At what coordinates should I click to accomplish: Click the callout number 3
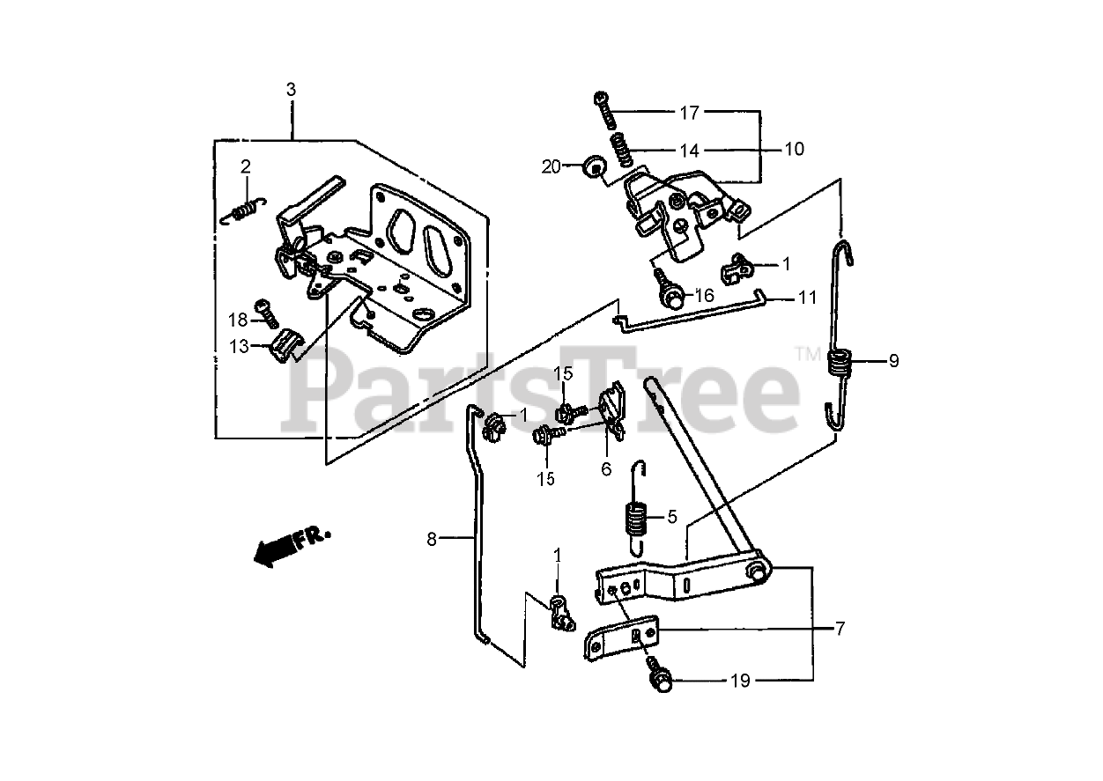click(x=292, y=89)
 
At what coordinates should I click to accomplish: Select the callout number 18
click(x=240, y=319)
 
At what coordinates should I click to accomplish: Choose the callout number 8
click(x=432, y=539)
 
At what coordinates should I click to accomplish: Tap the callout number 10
click(x=794, y=150)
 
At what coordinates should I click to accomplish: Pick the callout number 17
click(x=689, y=113)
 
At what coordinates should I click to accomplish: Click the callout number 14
click(x=688, y=150)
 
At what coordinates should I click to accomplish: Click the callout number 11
click(x=808, y=298)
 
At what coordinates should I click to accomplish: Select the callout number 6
click(x=606, y=469)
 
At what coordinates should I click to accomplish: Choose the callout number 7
click(x=841, y=629)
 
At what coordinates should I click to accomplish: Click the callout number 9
click(x=893, y=360)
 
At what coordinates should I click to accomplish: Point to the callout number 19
click(x=741, y=681)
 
